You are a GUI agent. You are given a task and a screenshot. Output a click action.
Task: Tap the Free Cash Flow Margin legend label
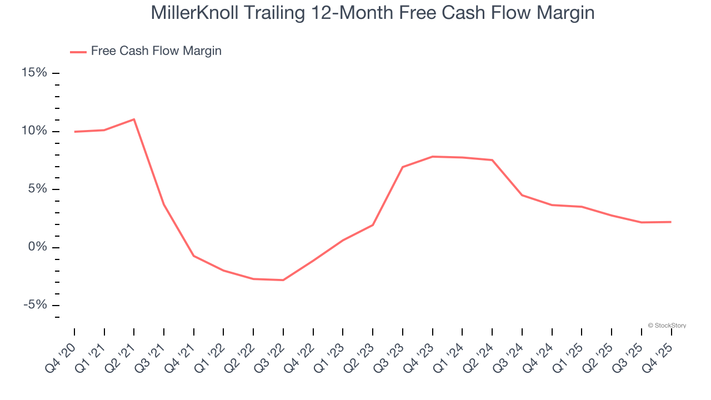156,51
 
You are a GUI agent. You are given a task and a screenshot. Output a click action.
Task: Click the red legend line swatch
78,52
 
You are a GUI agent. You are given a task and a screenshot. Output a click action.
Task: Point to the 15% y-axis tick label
34,73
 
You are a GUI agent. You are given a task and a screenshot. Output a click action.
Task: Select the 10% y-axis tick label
34,131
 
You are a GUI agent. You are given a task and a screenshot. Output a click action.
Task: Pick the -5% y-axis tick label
35,305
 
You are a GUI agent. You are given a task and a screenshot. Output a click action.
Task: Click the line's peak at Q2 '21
134,119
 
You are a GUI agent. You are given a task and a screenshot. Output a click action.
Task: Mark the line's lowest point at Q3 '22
283,280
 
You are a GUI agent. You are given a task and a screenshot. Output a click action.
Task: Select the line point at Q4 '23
432,157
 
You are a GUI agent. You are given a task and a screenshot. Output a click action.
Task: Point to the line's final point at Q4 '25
671,222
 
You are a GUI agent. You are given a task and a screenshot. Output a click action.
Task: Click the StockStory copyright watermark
667,326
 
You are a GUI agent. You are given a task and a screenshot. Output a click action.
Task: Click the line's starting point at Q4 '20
74,132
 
